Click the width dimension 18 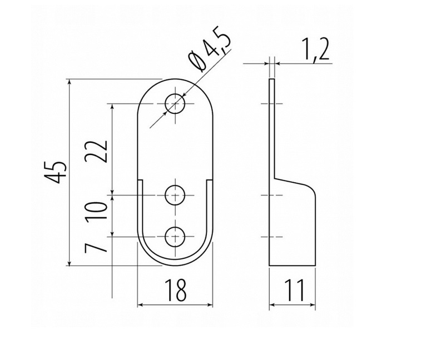click(176, 290)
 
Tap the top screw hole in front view click(176, 104)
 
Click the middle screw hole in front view click(176, 195)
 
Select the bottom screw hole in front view click(176, 237)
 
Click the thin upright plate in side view click(272, 128)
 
